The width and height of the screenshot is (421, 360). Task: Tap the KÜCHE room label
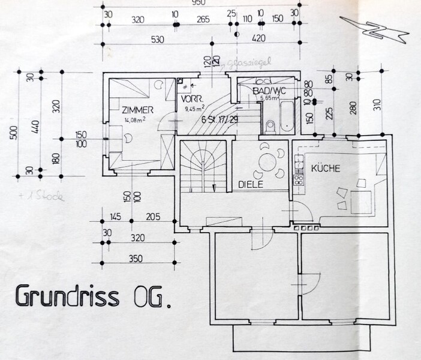pyautogui.click(x=325, y=169)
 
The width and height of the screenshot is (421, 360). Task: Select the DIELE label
pyautogui.click(x=251, y=185)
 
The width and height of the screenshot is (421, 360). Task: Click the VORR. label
pyautogui.click(x=188, y=100)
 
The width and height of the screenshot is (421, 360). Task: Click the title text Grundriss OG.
pyautogui.click(x=91, y=298)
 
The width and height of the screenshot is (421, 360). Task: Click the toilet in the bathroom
pyautogui.click(x=270, y=125)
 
